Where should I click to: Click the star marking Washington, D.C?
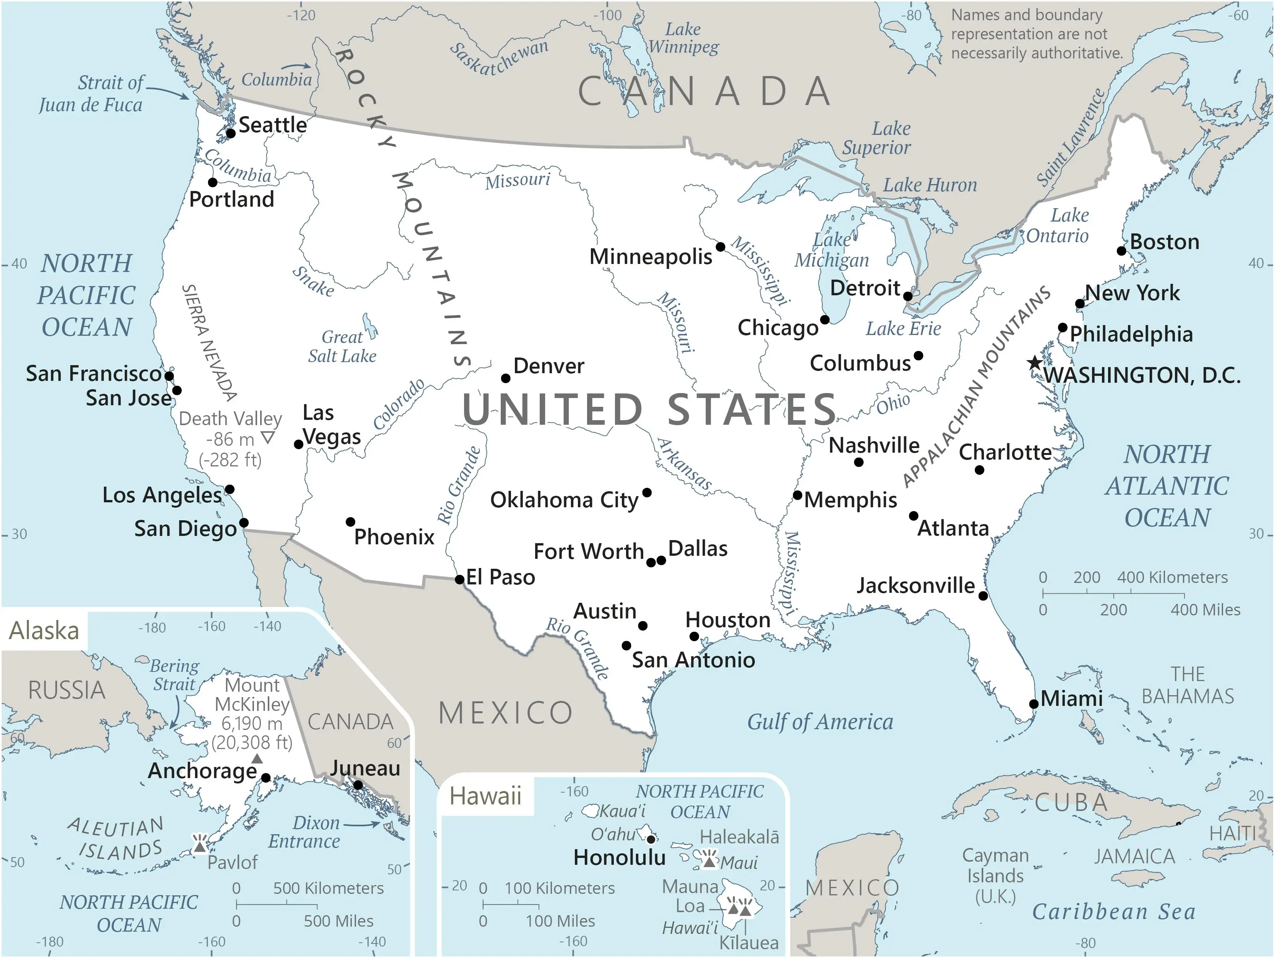(x=1035, y=362)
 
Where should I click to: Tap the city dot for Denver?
(x=505, y=378)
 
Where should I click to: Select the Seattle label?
(x=273, y=125)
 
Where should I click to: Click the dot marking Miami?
(x=1034, y=704)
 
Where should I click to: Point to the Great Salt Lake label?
(x=342, y=346)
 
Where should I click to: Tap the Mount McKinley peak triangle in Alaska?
(x=257, y=759)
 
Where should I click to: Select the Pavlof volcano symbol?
(x=200, y=845)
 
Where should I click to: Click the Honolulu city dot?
(x=651, y=839)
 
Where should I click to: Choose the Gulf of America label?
(x=820, y=722)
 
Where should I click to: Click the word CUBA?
(x=1071, y=803)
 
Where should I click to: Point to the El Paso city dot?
(x=460, y=579)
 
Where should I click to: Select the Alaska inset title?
(x=44, y=631)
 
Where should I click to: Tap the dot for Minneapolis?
(x=720, y=247)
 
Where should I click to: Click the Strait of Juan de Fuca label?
(x=91, y=94)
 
